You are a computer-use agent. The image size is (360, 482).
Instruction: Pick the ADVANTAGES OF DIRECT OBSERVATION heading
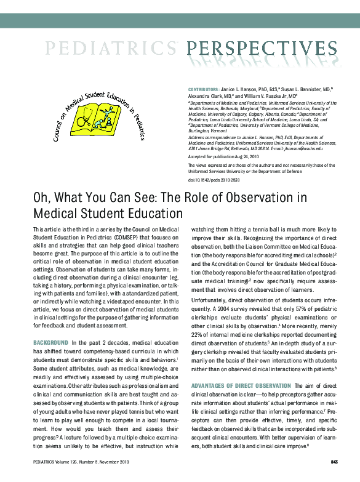(235, 385)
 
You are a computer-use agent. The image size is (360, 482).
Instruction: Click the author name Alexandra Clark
(206, 97)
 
